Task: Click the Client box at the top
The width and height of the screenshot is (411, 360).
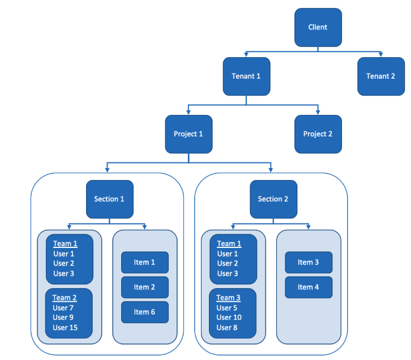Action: point(318,27)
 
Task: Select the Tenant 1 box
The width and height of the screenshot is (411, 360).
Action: point(246,76)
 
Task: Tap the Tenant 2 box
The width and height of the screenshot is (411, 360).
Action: point(381,76)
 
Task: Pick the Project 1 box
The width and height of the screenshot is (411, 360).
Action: point(189,134)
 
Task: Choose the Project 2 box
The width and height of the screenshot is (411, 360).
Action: point(318,134)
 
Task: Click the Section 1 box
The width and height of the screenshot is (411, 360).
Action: point(110,199)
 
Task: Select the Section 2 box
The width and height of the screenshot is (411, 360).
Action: point(273,199)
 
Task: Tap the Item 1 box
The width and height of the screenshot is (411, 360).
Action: point(145,262)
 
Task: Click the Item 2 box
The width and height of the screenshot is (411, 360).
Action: point(145,287)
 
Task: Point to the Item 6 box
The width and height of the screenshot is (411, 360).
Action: point(145,312)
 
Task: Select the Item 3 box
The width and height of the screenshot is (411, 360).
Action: point(309,262)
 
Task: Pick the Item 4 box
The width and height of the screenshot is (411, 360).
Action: point(309,287)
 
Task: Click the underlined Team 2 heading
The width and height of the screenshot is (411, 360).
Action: point(65,298)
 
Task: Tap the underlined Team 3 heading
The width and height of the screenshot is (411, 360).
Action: point(229,298)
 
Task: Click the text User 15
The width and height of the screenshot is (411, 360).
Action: point(65,328)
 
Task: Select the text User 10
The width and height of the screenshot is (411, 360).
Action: point(229,318)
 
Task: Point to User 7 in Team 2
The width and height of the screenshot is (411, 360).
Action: point(63,308)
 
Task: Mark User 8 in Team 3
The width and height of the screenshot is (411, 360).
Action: point(227,328)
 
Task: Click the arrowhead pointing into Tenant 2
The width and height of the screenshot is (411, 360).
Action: point(381,54)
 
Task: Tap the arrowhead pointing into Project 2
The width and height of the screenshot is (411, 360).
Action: point(318,112)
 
